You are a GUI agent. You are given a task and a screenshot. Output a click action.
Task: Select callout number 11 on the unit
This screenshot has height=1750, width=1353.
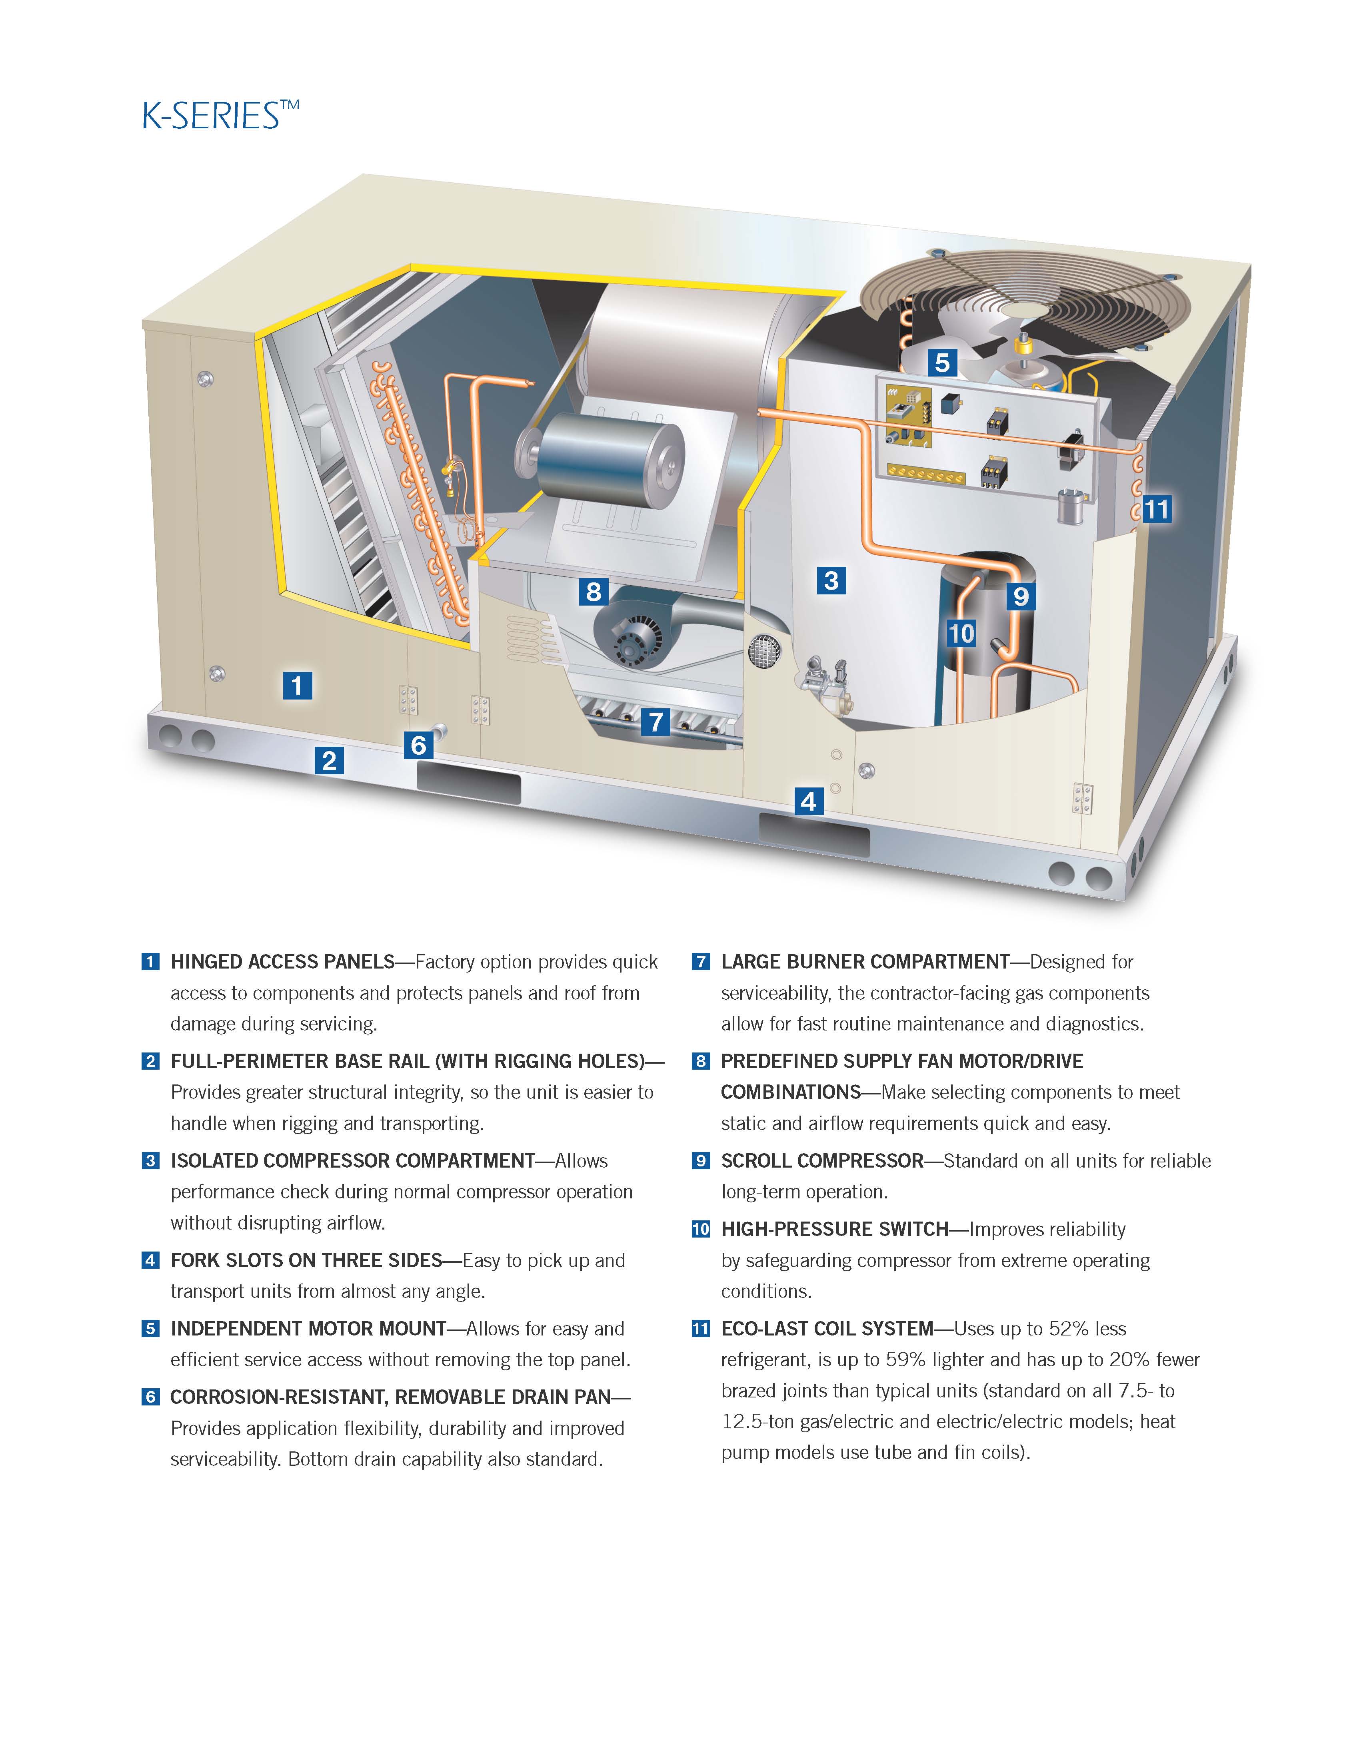[x=1156, y=509]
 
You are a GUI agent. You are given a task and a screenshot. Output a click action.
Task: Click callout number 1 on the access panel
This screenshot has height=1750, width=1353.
[x=298, y=686]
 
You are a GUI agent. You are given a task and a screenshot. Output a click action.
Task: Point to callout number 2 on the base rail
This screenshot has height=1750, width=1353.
[x=330, y=759]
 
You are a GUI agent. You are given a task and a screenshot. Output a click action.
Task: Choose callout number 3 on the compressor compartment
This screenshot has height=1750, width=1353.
[x=831, y=580]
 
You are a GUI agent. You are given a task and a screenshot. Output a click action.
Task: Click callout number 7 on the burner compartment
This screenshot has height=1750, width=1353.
[x=656, y=722]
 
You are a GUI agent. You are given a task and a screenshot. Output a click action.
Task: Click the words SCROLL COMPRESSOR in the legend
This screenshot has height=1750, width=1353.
[x=821, y=1161]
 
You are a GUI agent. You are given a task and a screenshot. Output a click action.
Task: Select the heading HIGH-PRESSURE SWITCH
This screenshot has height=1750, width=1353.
[x=834, y=1229]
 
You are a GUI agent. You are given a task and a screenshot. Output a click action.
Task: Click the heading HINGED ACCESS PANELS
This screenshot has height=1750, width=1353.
[x=282, y=961]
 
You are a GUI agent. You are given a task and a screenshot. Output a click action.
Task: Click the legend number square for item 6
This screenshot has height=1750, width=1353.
[x=150, y=1397]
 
